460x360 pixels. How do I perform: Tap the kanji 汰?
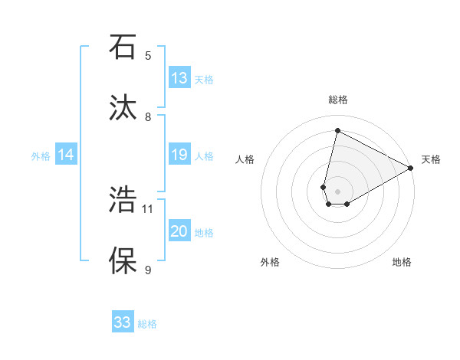coord(121,108)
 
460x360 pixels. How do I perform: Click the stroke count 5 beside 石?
coord(148,55)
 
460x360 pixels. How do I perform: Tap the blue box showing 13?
coord(179,78)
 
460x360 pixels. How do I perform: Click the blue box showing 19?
coord(179,155)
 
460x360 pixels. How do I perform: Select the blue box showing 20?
coord(179,231)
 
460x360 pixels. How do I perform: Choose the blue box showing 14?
coord(66,155)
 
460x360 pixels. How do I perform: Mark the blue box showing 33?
coord(123,322)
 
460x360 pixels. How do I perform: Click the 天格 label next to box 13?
coord(203,79)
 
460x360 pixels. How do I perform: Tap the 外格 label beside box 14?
coord(41,155)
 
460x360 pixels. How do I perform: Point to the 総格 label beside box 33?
coord(147,323)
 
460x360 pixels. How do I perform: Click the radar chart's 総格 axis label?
coord(338,100)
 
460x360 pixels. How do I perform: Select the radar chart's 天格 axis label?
coord(431,159)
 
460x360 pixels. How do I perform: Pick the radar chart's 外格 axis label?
coord(270,262)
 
